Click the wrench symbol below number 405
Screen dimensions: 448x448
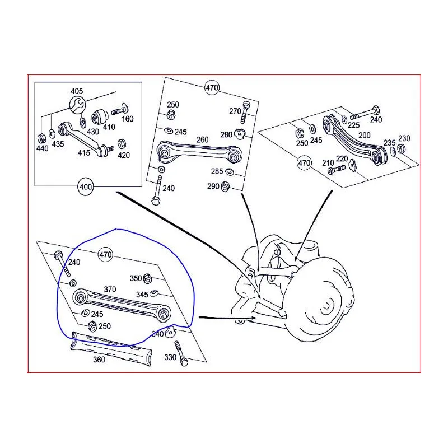pyautogui.click(x=77, y=104)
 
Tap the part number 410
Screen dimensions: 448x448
pyautogui.click(x=108, y=127)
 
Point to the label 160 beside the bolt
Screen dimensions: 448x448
pyautogui.click(x=128, y=119)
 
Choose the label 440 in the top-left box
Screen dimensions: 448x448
pyautogui.click(x=43, y=148)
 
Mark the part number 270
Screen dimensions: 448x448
pyautogui.click(x=235, y=111)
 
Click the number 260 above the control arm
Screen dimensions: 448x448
pyautogui.click(x=202, y=140)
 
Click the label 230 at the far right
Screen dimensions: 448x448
pyautogui.click(x=404, y=138)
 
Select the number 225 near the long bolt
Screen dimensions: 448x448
pyautogui.click(x=355, y=125)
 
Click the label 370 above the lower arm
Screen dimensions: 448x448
pyautogui.click(x=110, y=290)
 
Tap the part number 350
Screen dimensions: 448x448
pyautogui.click(x=136, y=278)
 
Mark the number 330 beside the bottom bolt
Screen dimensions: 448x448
pyautogui.click(x=170, y=357)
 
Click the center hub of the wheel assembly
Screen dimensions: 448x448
pyautogui.click(x=326, y=305)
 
